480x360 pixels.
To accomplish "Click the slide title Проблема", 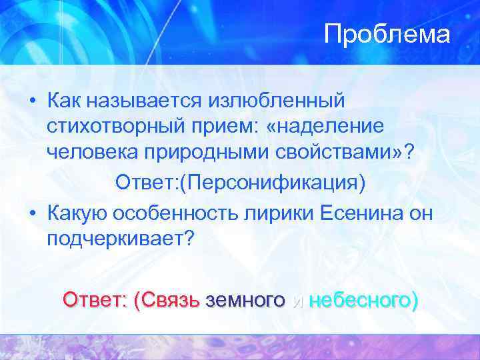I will click(387, 35).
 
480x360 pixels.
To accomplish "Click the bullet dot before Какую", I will click(32, 214).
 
